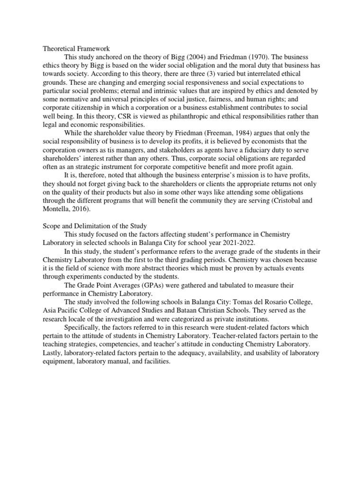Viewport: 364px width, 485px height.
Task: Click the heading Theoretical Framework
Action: [76, 48]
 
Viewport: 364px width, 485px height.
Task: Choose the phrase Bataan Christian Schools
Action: [220, 311]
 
